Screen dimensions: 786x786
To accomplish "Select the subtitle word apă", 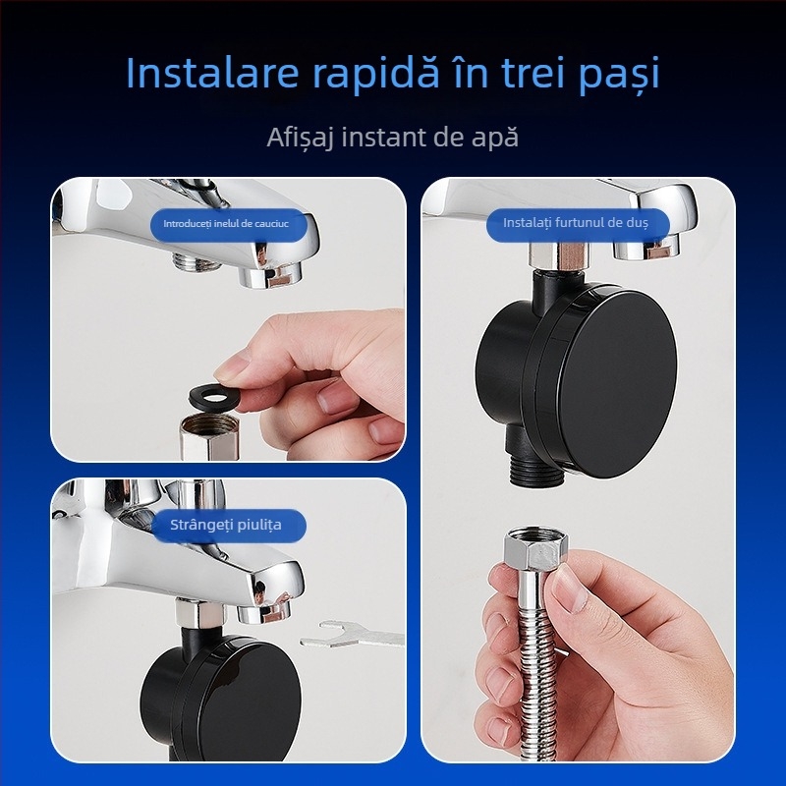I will [492, 138].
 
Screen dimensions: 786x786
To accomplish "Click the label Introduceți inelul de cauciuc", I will [228, 224].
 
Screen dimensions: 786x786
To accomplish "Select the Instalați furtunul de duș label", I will [576, 223].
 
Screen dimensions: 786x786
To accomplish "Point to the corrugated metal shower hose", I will [530, 668].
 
